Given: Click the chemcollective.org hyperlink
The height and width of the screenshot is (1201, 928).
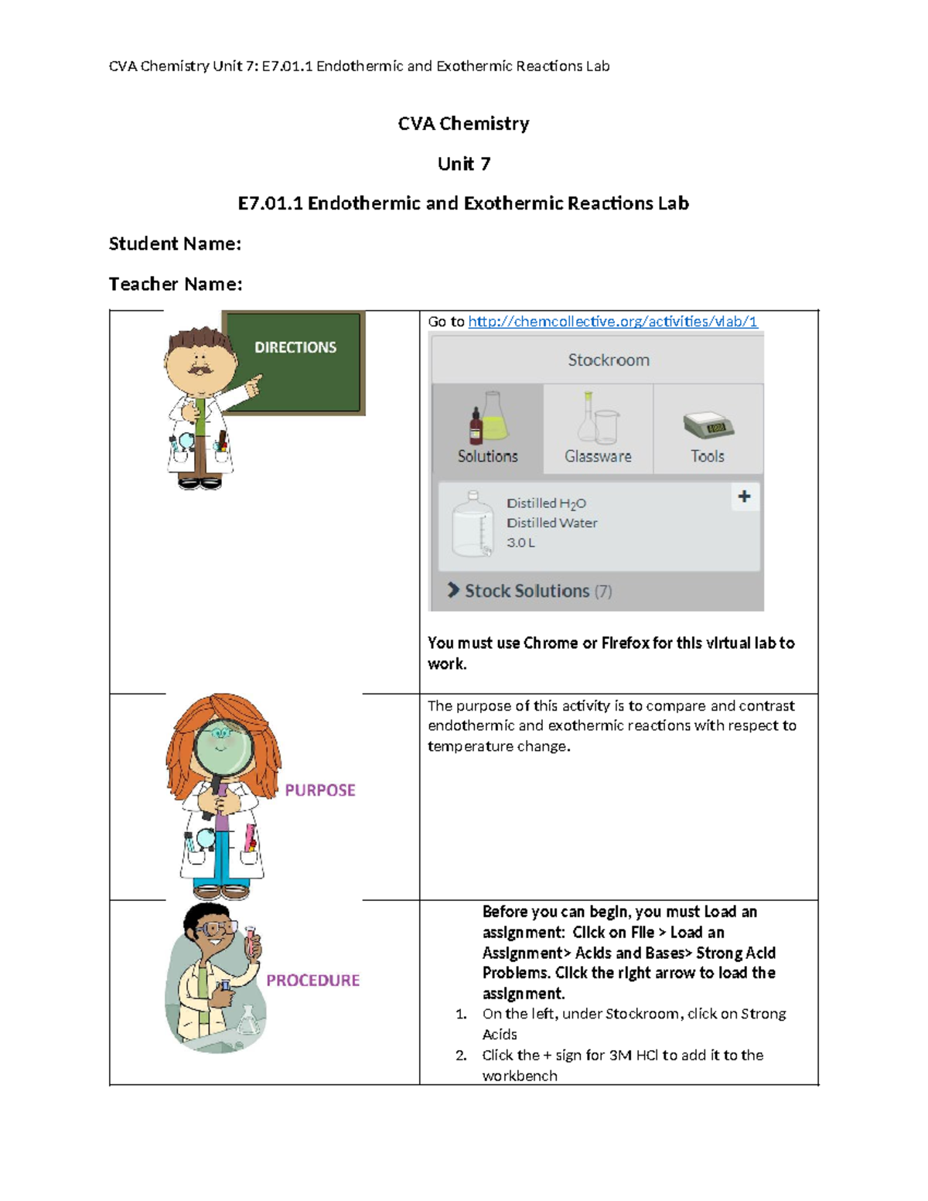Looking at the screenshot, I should (x=612, y=322).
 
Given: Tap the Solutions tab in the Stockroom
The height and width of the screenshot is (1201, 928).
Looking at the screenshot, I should (x=487, y=428).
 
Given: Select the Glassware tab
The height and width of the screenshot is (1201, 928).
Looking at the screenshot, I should (x=598, y=428).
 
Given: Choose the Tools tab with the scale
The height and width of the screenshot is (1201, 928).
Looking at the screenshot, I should (x=708, y=428).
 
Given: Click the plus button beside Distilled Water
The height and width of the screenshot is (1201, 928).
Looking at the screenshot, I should (x=744, y=496).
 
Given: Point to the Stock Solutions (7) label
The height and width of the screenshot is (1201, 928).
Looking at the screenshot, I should (x=538, y=591).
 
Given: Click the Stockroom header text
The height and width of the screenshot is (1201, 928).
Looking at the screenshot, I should (x=609, y=360).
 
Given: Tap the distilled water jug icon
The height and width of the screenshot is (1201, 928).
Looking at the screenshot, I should (x=473, y=524).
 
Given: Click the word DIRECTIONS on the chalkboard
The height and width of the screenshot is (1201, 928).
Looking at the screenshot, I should (x=295, y=348).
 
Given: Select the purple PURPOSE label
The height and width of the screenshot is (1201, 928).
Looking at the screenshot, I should (x=320, y=790).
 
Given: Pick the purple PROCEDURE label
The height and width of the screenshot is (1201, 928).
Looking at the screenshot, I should (x=313, y=981).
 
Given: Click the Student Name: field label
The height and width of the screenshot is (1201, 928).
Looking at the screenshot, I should (x=175, y=244).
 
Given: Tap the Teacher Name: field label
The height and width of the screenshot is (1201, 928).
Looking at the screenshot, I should (x=176, y=285).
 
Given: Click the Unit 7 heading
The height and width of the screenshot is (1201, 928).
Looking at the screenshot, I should (x=463, y=164).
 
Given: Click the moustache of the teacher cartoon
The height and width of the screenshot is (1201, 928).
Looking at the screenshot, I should (x=200, y=370).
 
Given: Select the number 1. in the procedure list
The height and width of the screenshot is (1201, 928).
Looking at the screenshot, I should (x=461, y=1014).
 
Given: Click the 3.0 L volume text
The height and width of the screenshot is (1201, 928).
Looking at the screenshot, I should (x=520, y=543).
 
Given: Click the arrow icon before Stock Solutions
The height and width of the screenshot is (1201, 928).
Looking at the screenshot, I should (x=453, y=590).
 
